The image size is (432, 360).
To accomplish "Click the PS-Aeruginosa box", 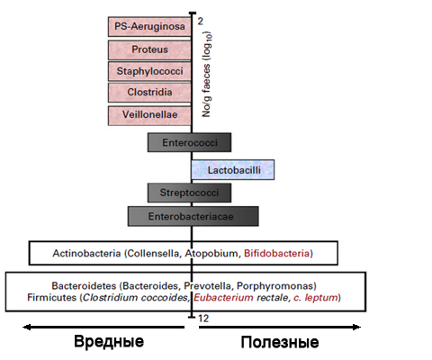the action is click(x=149, y=27).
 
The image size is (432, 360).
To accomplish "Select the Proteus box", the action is click(x=149, y=49).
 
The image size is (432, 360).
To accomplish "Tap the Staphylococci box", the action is click(x=149, y=71).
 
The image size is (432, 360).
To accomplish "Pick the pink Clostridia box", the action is click(x=149, y=93).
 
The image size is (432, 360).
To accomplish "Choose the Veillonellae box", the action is click(x=149, y=115).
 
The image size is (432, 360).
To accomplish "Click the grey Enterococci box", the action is click(x=189, y=142).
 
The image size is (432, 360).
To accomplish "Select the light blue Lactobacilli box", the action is click(x=233, y=170).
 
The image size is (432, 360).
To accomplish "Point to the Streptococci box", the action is click(x=189, y=193).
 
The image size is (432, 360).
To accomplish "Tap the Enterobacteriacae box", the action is click(x=193, y=216).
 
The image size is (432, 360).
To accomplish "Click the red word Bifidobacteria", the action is click(x=276, y=254).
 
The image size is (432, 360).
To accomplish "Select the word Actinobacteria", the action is click(x=86, y=254).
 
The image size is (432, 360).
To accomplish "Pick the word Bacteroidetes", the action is click(x=84, y=285).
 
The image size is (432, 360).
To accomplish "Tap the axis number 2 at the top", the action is click(x=201, y=22).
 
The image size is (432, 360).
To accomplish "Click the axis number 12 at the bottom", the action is click(x=203, y=319).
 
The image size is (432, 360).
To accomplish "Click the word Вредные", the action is click(x=109, y=341).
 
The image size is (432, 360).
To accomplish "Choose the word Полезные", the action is click(x=280, y=342).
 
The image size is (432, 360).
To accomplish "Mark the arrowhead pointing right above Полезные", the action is click(x=356, y=327).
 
